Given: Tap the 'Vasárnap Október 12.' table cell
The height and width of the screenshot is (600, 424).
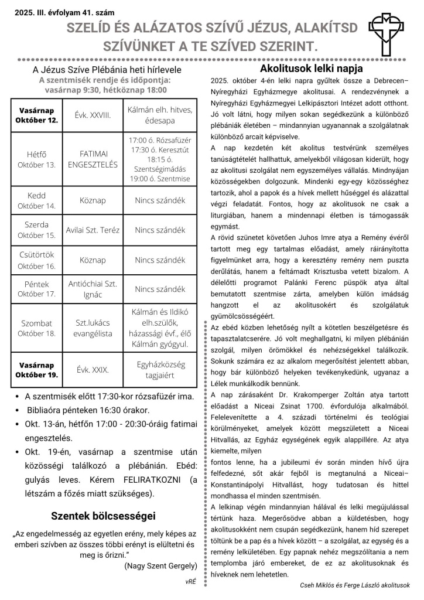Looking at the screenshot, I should click(x=36, y=115).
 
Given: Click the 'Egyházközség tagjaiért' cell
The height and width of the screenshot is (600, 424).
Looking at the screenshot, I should click(x=160, y=369).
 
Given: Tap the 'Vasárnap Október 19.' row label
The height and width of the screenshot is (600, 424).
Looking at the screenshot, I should click(x=36, y=370).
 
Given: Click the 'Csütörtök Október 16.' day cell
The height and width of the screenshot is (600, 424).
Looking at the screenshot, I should click(x=36, y=260).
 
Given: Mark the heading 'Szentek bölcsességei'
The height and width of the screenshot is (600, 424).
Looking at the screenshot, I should click(x=103, y=516).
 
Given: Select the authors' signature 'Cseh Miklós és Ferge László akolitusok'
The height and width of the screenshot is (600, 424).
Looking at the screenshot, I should click(x=355, y=585).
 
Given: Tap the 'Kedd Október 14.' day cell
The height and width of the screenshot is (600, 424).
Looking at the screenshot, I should click(x=36, y=200).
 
